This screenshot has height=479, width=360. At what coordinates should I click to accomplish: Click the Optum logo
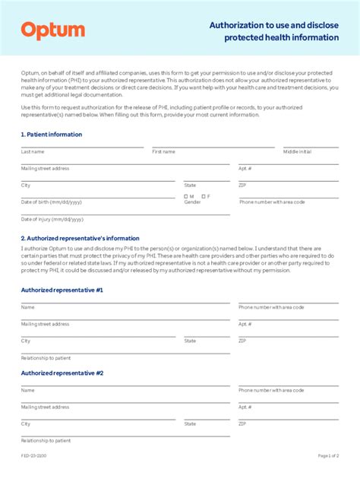[52, 30]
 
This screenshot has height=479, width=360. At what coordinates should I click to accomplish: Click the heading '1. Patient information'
[52, 135]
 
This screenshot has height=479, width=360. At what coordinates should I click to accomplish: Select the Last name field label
[33, 151]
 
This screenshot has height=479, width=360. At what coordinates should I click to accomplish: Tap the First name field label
[163, 151]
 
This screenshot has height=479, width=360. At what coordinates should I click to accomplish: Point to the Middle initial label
[297, 151]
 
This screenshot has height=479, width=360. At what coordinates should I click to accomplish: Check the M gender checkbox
[185, 196]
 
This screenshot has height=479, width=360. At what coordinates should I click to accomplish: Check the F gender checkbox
[203, 196]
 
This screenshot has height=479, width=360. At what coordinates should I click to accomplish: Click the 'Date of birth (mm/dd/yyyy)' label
[52, 202]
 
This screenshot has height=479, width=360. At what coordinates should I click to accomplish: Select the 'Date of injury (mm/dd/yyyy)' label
[52, 219]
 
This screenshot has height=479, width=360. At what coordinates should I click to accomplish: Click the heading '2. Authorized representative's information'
[81, 238]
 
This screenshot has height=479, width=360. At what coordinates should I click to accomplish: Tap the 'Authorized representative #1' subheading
[62, 290]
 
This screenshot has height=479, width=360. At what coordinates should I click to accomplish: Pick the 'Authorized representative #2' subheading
[62, 373]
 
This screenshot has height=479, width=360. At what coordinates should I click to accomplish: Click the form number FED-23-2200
[34, 456]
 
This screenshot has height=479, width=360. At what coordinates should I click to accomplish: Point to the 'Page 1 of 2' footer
[328, 456]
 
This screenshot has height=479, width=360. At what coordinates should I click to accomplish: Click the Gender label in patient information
[192, 202]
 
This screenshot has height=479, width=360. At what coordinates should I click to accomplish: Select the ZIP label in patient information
[242, 185]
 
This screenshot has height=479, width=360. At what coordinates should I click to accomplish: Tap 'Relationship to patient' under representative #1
[46, 357]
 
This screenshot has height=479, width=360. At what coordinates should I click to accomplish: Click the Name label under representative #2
[27, 390]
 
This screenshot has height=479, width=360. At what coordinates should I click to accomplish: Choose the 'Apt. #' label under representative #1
[245, 324]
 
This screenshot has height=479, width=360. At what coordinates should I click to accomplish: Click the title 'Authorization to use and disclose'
[274, 25]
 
